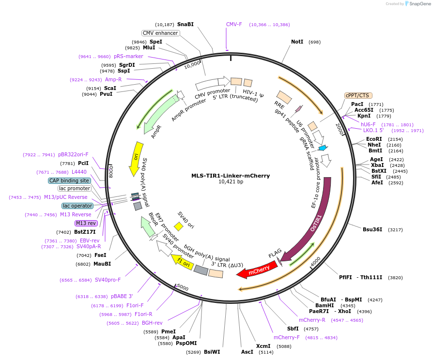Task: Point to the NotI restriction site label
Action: click(x=297, y=42)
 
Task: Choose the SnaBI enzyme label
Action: click(x=185, y=24)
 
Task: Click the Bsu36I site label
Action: click(x=372, y=229)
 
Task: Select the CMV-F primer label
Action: click(x=234, y=24)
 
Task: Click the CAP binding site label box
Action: click(x=69, y=180)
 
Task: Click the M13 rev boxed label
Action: click(x=86, y=223)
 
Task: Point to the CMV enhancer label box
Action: click(x=160, y=33)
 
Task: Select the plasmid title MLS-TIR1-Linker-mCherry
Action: click(x=231, y=176)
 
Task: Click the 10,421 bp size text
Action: click(x=231, y=182)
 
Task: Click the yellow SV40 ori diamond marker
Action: click(x=178, y=226)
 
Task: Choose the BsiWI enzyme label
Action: click(x=212, y=352)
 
